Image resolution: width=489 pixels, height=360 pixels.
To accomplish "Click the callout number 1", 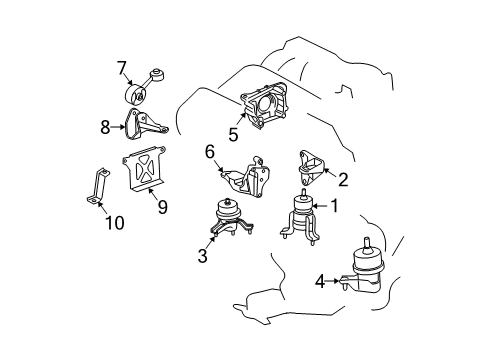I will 335,207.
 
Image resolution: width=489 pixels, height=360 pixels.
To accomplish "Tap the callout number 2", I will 343,180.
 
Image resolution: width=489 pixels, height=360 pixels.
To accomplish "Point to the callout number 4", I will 320,283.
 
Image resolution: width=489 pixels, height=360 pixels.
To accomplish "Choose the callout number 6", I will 210,151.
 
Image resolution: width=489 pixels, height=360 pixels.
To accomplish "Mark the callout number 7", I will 122,68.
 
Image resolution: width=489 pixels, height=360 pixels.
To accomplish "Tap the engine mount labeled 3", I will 229,221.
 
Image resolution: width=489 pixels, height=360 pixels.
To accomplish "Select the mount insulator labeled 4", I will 367,273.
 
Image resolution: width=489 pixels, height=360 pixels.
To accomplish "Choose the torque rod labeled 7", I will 142,87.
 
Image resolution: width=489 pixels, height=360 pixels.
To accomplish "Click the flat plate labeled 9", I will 143,169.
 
